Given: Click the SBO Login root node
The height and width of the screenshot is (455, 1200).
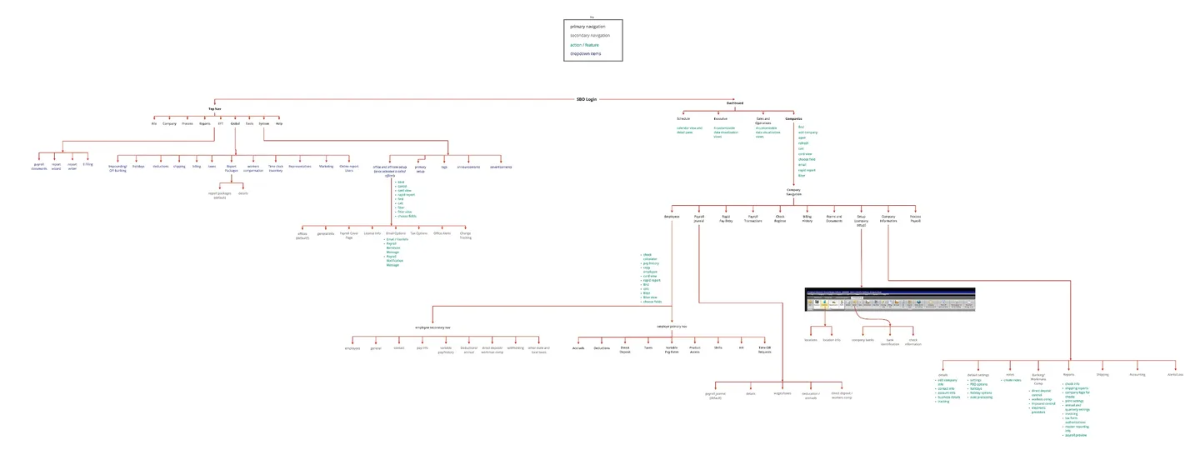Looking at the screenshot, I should pyautogui.click(x=587, y=99).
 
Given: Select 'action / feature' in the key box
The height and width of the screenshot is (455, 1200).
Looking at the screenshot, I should pyautogui.click(x=584, y=45).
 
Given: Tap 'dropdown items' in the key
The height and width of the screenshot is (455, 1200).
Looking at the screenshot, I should pyautogui.click(x=585, y=54).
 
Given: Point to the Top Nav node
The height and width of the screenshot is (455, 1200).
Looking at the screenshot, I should pyautogui.click(x=215, y=108).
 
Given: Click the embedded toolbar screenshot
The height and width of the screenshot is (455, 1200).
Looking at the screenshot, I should pyautogui.click(x=889, y=300).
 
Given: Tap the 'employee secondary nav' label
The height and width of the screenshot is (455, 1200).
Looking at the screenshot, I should pyautogui.click(x=433, y=327).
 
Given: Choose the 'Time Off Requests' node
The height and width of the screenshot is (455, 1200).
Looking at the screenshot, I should pyautogui.click(x=764, y=350).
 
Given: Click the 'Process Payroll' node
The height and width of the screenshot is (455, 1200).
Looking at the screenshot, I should pyautogui.click(x=915, y=219).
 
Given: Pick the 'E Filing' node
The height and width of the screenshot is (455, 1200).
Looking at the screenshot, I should pyautogui.click(x=87, y=165).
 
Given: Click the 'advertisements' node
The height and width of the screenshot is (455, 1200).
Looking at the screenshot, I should pyautogui.click(x=501, y=167).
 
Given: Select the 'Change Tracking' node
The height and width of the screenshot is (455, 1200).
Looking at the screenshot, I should pyautogui.click(x=465, y=236).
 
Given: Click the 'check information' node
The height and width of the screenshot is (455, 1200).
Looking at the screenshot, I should pyautogui.click(x=914, y=342).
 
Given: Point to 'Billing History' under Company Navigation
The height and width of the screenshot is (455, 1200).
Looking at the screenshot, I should pyautogui.click(x=807, y=219).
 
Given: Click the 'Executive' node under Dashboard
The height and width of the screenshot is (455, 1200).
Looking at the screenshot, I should pyautogui.click(x=720, y=119).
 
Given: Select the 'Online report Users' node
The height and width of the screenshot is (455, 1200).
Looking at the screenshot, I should pyautogui.click(x=348, y=168).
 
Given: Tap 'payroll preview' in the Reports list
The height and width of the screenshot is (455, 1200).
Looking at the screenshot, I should pyautogui.click(x=1075, y=435).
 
